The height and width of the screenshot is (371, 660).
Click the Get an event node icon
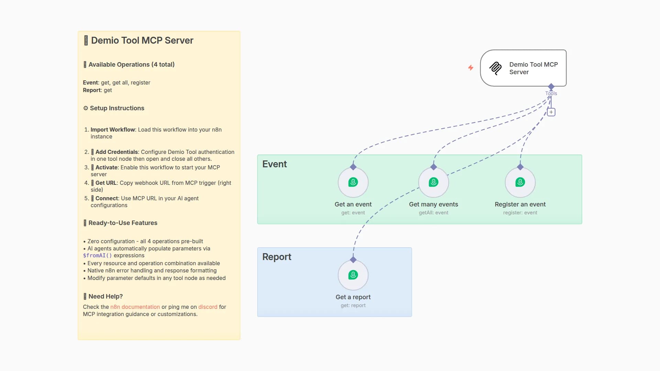point(353,182)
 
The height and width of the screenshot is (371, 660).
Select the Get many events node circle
point(433,182)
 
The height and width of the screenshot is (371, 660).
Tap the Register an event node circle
point(520,182)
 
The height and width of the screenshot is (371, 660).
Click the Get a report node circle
point(353,275)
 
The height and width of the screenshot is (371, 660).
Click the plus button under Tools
point(551,112)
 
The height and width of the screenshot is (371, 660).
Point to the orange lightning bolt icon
point(471,68)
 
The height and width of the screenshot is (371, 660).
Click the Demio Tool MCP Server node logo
point(495,68)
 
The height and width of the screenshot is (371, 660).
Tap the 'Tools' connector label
point(551,93)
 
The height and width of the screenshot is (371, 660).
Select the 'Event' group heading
point(274,164)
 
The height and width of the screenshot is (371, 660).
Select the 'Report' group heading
point(276,257)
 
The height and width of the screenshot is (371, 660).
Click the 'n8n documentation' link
point(135,307)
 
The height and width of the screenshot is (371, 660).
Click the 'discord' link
point(208,307)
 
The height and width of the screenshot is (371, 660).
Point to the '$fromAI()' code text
point(97,256)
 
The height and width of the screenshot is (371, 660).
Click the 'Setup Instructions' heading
point(117,108)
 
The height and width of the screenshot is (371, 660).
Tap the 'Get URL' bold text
point(106,183)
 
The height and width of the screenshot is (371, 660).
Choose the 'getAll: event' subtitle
point(433,213)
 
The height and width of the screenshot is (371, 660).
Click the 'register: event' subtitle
point(520,213)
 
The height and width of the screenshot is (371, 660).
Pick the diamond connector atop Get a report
point(353,260)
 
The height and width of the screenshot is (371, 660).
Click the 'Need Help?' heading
point(105,296)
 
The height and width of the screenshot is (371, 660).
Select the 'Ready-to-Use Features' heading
point(123,223)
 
